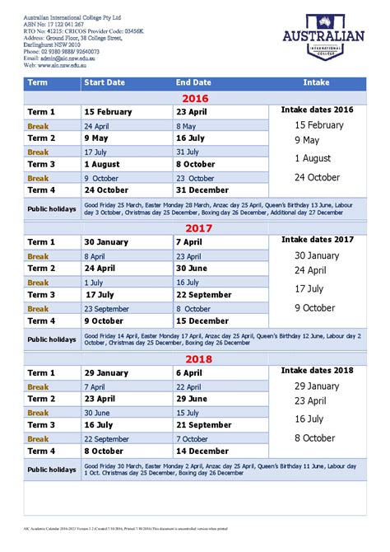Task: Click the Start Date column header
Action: point(104,83)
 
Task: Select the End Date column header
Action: point(193,83)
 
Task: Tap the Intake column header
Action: point(317,83)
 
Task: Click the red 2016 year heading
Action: point(195,97)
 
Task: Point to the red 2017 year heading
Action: point(195,227)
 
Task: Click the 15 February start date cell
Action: point(108,112)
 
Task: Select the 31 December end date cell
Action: point(202,190)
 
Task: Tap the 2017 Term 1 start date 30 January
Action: point(106,242)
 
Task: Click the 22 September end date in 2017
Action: point(204,295)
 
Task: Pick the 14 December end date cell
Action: point(202,451)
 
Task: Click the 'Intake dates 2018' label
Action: point(317,371)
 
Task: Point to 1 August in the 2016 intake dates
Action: point(313,158)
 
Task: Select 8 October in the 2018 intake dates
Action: point(315,438)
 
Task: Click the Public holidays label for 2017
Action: point(52,339)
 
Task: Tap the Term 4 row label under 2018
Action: point(41,451)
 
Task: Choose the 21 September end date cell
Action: point(204,425)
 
